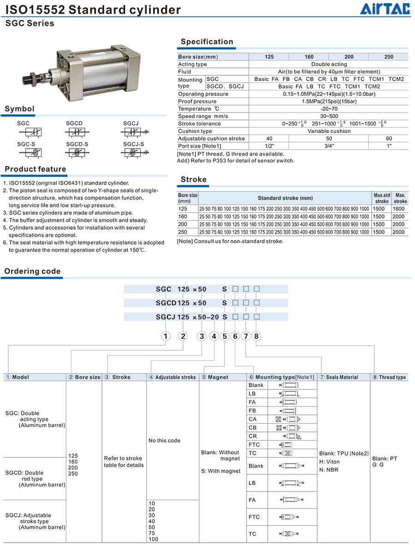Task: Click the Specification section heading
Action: pyautogui.click(x=207, y=42)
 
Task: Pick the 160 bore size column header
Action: pyautogui.click(x=309, y=57)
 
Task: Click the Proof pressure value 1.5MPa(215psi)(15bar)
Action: pyautogui.click(x=329, y=102)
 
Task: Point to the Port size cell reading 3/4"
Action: pyautogui.click(x=329, y=146)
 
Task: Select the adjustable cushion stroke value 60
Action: pyautogui.click(x=389, y=138)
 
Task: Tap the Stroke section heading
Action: pyautogui.click(x=194, y=180)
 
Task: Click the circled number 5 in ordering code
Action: pyautogui.click(x=225, y=336)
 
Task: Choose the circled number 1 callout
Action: pyautogui.click(x=166, y=336)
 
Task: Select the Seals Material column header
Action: pyautogui.click(x=342, y=377)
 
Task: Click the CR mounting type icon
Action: pyautogui.click(x=293, y=436)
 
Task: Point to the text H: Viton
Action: pyautogui.click(x=329, y=461)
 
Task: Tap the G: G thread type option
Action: pyautogui.click(x=378, y=465)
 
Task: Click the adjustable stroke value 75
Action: pyautogui.click(x=152, y=533)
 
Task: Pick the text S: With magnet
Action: pyautogui.click(x=220, y=471)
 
